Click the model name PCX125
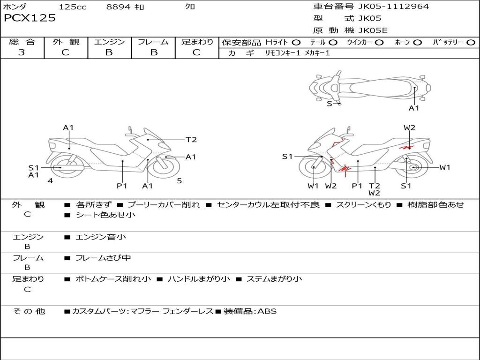point(30,18)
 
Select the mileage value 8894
point(119,7)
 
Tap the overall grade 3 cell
point(22,52)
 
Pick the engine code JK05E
point(373,30)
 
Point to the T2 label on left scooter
point(191,140)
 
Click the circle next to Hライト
point(296,42)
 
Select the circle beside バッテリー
point(471,42)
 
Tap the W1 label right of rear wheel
point(444,167)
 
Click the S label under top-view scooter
point(329,104)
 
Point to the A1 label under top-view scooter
point(414,108)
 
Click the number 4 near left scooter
point(50,180)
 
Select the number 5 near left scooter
point(179,180)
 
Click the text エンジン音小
point(101,237)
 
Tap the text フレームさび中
point(103,258)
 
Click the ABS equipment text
point(267,311)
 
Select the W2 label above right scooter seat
point(409,127)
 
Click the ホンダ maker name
point(15,7)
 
